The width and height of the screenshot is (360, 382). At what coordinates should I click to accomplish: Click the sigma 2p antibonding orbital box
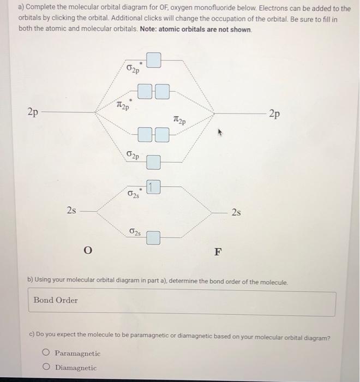coord(154,60)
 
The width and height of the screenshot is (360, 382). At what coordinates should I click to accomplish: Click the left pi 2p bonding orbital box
coord(145,134)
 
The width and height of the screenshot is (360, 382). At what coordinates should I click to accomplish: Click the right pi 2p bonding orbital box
coord(162,134)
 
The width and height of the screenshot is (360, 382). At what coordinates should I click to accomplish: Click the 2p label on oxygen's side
coord(33,113)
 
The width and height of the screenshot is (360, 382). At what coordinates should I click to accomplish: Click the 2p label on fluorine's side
coord(274,114)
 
